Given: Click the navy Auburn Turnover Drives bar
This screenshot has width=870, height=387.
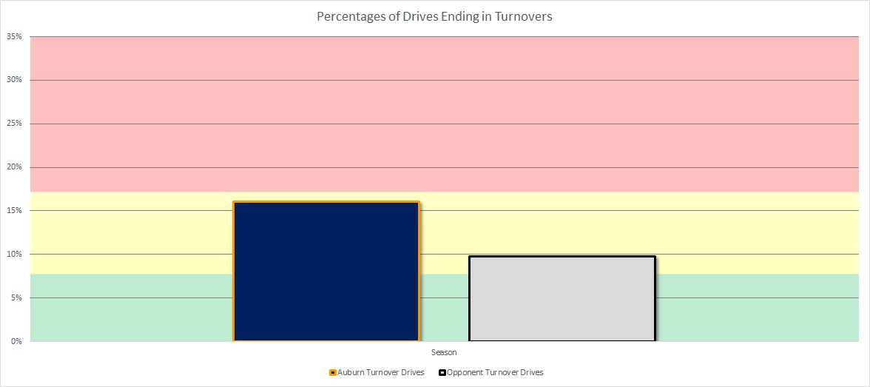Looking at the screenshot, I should [x=326, y=271].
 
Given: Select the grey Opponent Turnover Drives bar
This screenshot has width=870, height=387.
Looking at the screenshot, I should [x=562, y=298].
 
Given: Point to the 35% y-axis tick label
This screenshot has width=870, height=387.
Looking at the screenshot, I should [x=15, y=36].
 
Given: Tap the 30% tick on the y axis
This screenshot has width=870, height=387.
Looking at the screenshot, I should [x=15, y=80].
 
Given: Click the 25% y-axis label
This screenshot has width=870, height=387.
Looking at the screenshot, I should [x=15, y=124].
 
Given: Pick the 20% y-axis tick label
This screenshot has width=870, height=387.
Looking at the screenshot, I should [x=15, y=167].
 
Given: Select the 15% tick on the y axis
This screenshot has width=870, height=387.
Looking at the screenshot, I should [x=15, y=211].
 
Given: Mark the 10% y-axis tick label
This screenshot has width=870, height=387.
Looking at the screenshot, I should [x=15, y=255].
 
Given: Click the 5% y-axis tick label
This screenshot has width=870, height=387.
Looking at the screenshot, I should [x=17, y=298].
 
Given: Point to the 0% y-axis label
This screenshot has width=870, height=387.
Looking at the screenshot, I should [x=17, y=341].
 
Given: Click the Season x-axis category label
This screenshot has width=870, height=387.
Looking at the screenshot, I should [x=444, y=353].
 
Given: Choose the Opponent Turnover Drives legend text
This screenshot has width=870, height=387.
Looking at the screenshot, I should [x=495, y=372].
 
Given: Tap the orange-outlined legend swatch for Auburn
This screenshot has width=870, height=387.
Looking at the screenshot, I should [x=333, y=372].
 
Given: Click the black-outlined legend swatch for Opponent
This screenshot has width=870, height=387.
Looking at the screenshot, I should [x=442, y=372].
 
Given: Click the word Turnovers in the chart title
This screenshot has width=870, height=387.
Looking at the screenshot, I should [x=524, y=16].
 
